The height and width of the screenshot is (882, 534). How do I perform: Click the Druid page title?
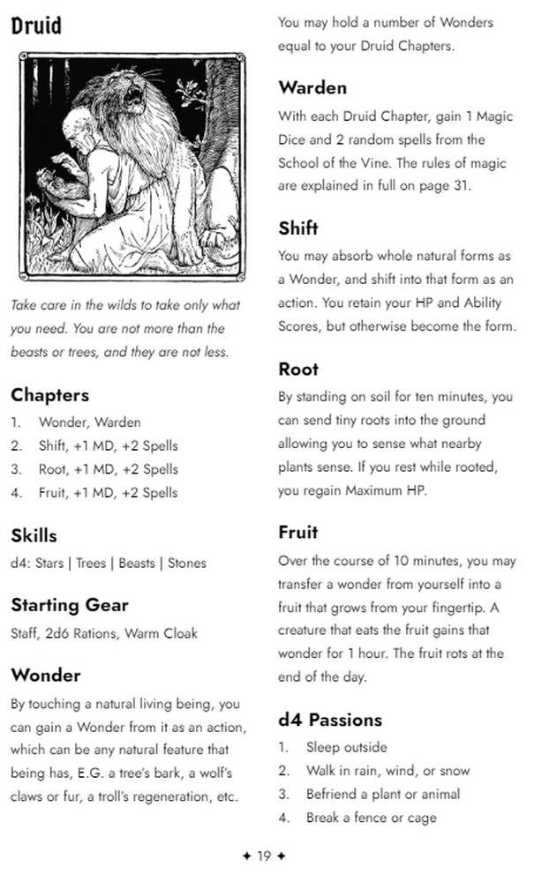(x=36, y=26)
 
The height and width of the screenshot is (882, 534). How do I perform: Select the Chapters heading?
(x=49, y=394)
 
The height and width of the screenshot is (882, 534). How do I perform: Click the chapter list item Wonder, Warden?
(x=89, y=422)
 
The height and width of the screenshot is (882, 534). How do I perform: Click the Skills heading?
(x=34, y=535)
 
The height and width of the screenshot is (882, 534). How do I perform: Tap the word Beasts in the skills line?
(x=136, y=563)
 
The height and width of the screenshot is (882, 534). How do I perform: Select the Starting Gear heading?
(x=70, y=605)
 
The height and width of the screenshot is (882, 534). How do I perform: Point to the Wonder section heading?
(x=46, y=676)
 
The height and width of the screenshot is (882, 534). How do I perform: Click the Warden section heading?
(x=312, y=87)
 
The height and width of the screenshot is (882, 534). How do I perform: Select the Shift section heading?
(x=298, y=228)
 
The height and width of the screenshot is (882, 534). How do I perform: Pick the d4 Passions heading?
(x=330, y=720)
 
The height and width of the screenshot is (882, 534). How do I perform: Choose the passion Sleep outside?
(x=346, y=747)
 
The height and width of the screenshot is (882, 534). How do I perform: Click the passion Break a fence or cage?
(x=371, y=818)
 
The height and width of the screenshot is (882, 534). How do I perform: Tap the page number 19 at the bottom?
(x=264, y=856)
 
